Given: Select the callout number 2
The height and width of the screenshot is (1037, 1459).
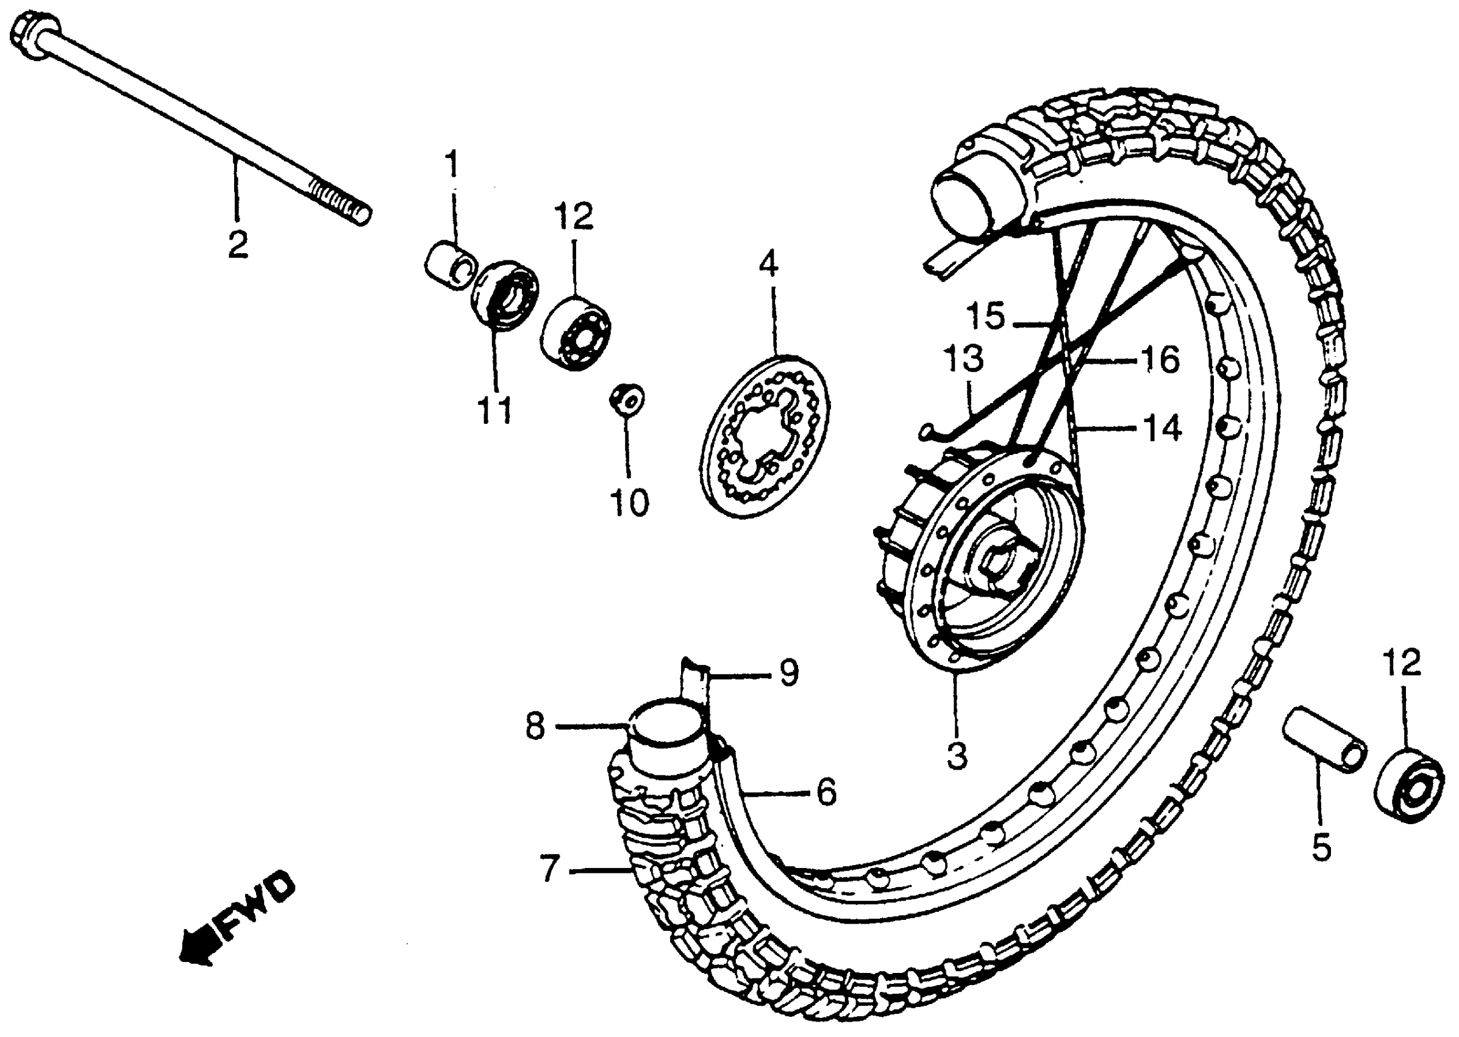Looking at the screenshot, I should pyautogui.click(x=237, y=245).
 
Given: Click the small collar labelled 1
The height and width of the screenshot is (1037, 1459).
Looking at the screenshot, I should pyautogui.click(x=451, y=265).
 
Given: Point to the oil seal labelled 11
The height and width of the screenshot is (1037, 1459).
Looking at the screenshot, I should pyautogui.click(x=505, y=295).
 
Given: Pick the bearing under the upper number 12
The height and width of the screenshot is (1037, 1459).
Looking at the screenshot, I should pyautogui.click(x=576, y=332).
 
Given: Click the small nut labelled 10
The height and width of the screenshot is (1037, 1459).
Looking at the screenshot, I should pyautogui.click(x=626, y=400).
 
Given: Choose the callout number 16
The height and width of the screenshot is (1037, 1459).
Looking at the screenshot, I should pyautogui.click(x=1160, y=360).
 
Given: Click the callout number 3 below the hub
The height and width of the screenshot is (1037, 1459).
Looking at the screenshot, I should pyautogui.click(x=956, y=755).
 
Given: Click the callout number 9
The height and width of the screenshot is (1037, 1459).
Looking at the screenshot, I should pyautogui.click(x=789, y=673).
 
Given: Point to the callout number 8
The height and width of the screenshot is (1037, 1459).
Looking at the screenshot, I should pyautogui.click(x=535, y=727).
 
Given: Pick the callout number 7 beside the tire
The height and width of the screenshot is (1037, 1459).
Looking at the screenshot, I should pyautogui.click(x=549, y=869).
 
